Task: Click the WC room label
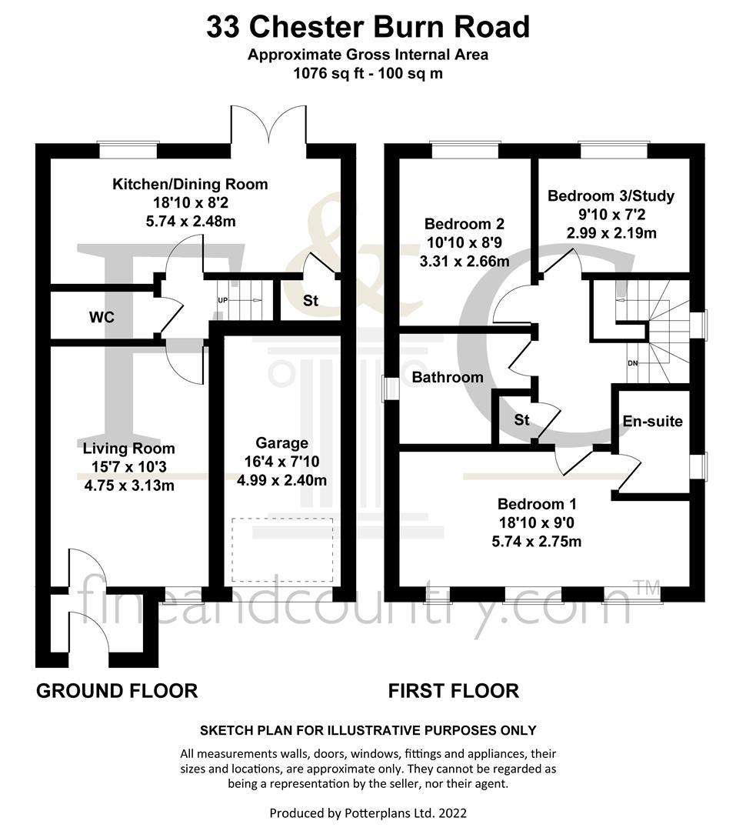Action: coord(102,317)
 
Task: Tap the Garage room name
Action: coord(282,442)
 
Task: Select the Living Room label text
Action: coord(128,449)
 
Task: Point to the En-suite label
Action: coord(652,422)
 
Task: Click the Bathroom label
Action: coord(448,377)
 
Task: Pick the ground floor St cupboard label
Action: coord(311,301)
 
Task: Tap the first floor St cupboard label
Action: coord(522,420)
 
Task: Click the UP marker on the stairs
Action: coord(222,301)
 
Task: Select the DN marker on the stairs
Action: coord(633,363)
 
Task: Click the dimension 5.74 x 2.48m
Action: coord(191,221)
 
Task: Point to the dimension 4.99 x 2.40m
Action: coord(282,480)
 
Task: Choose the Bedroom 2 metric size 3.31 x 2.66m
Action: coord(465,262)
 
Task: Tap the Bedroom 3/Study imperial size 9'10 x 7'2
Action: coord(611,215)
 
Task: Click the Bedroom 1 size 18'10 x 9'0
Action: coord(537,523)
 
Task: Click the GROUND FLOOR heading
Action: coord(117,691)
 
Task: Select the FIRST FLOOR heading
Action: coord(454,691)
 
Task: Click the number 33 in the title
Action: coord(222,28)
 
